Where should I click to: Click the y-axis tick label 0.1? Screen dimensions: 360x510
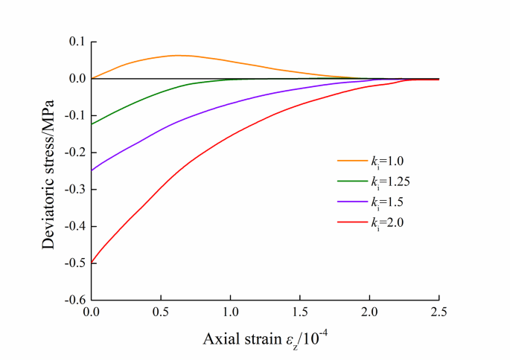tap(75, 42)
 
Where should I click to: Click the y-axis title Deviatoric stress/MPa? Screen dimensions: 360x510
tap(49, 170)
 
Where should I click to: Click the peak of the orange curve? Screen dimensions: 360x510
tap(177, 55)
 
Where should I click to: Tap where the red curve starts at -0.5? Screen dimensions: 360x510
tap(92, 263)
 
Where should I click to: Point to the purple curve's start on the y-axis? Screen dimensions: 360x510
tap(92, 170)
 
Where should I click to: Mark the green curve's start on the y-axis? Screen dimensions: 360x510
tap(92, 123)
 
